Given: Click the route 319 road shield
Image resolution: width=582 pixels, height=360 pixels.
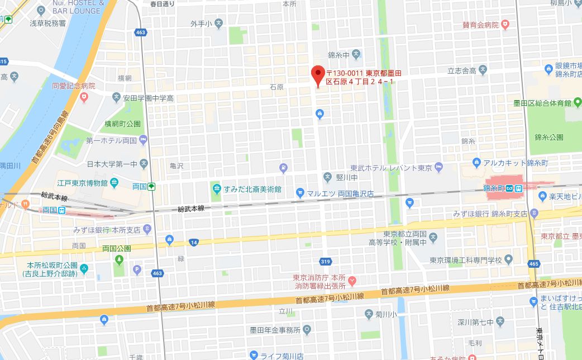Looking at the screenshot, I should point(326,261).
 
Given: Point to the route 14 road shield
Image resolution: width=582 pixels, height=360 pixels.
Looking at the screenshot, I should point(194,242).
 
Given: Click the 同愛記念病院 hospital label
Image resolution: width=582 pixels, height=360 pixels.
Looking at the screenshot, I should point(74,87).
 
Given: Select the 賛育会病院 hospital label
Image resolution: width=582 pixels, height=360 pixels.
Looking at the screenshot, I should point(480,25).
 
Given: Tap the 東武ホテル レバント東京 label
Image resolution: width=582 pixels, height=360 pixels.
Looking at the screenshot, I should point(391,168).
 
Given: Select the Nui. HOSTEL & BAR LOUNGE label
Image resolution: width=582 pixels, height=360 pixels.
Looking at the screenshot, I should point(76,7).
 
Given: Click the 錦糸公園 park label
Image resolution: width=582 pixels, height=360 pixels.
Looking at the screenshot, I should point(548,137).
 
